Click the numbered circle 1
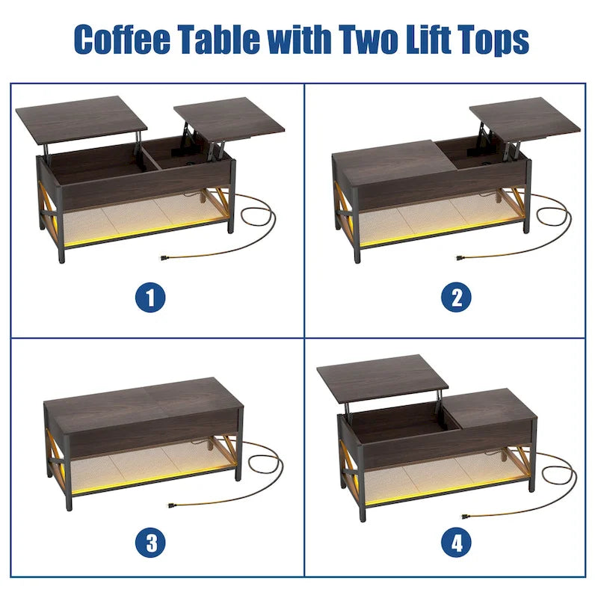150,298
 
